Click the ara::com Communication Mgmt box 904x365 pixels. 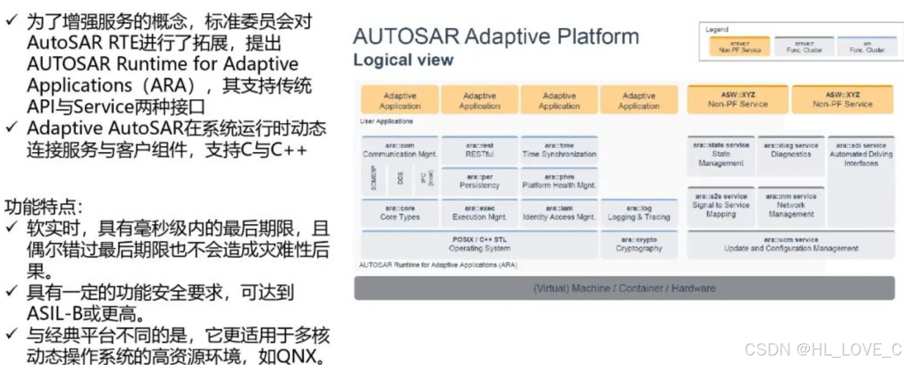(400, 150)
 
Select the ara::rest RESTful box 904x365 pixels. (479, 150)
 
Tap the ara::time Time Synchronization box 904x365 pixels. (559, 150)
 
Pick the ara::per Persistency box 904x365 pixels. (479, 181)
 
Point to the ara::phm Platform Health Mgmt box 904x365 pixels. (559, 181)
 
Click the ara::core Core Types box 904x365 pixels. (400, 213)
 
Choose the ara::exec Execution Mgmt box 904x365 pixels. (479, 213)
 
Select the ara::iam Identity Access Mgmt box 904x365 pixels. (559, 213)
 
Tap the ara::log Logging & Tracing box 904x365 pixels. (639, 213)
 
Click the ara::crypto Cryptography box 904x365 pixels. (639, 244)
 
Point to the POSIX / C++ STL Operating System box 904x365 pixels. (479, 244)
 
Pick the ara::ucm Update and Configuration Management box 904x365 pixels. (791, 244)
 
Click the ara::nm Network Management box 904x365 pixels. (791, 205)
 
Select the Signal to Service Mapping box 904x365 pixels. (721, 205)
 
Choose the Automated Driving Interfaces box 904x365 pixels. (861, 155)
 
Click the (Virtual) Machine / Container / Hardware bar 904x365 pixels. (624, 288)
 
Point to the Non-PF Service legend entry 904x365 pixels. (739, 47)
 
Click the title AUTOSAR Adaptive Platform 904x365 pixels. (496, 37)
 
